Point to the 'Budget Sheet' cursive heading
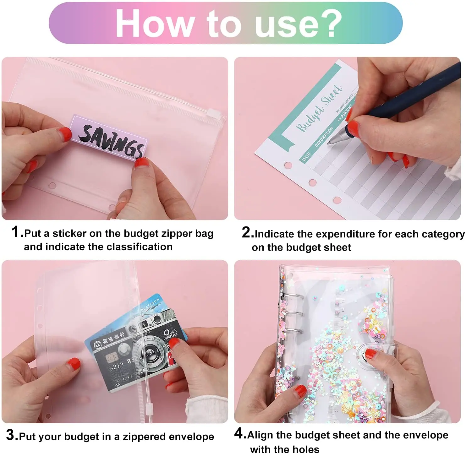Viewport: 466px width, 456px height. [319, 109]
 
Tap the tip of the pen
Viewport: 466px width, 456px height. [329, 142]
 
